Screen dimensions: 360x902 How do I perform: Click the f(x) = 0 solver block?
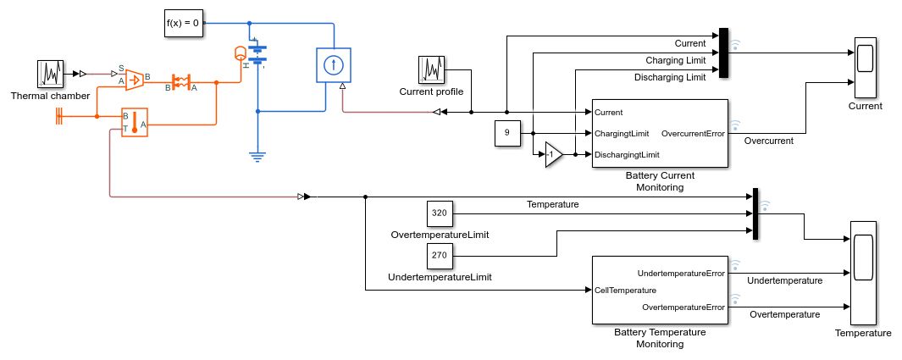pyautogui.click(x=183, y=24)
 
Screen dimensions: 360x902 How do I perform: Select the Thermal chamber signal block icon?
pyautogui.click(x=50, y=74)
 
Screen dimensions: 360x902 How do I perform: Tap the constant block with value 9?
pyautogui.click(x=506, y=133)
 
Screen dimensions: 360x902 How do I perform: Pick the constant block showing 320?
pyautogui.click(x=439, y=213)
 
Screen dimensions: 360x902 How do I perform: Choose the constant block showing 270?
pyautogui.click(x=439, y=254)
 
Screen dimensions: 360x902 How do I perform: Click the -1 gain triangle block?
pyautogui.click(x=552, y=155)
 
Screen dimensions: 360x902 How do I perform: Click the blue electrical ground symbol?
pyautogui.click(x=257, y=156)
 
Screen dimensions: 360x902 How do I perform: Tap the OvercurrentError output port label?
pyautogui.click(x=692, y=133)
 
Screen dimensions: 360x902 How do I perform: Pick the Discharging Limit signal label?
pyautogui.click(x=669, y=77)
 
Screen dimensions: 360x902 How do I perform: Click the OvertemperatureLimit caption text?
pyautogui.click(x=440, y=234)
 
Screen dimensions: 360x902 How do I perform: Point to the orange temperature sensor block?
pyautogui.click(x=135, y=122)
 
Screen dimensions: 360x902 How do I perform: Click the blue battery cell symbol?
pyautogui.click(x=257, y=54)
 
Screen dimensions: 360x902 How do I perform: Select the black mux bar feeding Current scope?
pyautogui.click(x=723, y=53)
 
